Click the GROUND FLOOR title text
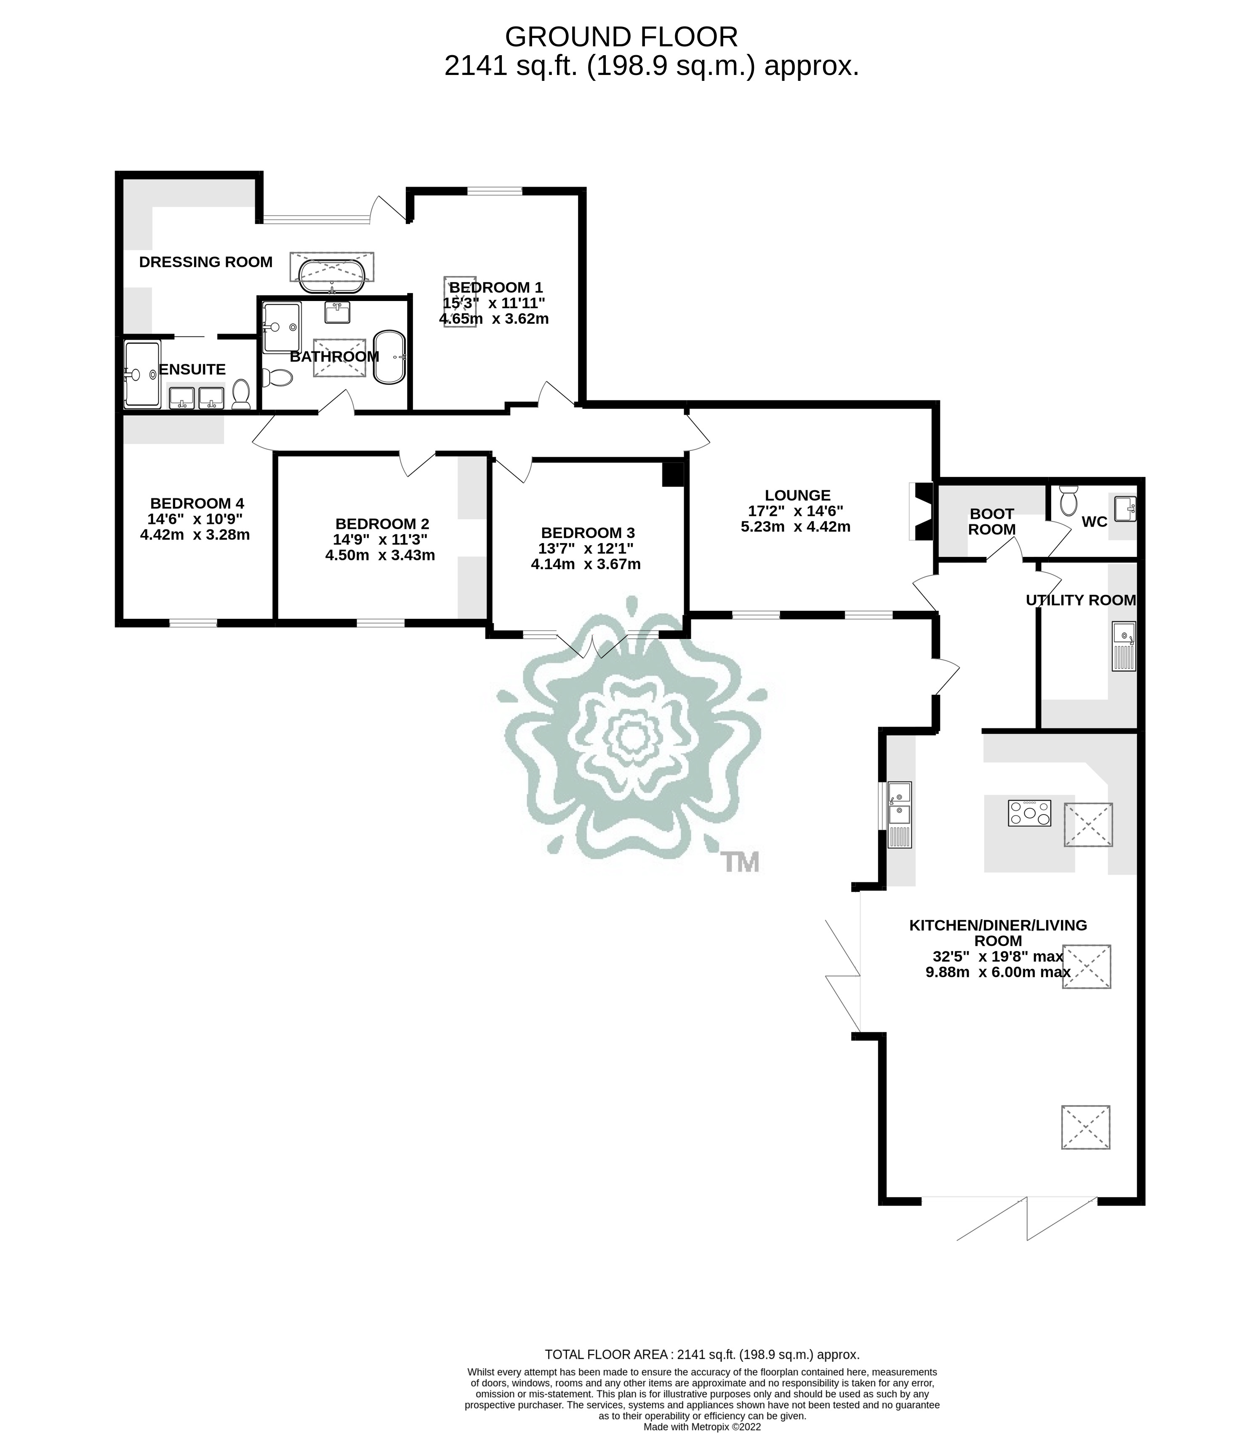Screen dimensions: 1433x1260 (621, 37)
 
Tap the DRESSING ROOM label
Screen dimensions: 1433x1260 (205, 262)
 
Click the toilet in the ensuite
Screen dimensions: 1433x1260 (241, 395)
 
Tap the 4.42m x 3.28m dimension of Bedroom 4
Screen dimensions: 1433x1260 (195, 535)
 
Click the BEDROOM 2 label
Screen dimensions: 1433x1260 (382, 524)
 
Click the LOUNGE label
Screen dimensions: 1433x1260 (797, 495)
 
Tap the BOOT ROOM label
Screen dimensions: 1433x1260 (991, 522)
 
